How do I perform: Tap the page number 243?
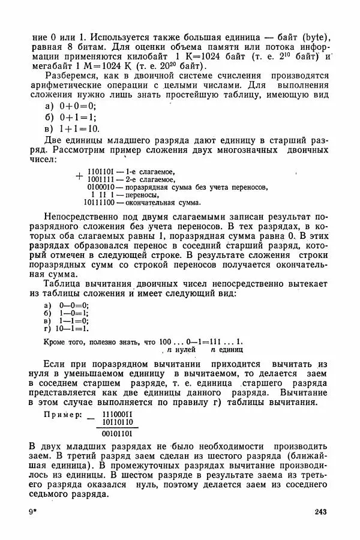[320, 511]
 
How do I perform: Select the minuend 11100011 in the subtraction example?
[118, 414]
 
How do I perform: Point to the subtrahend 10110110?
[118, 422]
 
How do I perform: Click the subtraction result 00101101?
[118, 433]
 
